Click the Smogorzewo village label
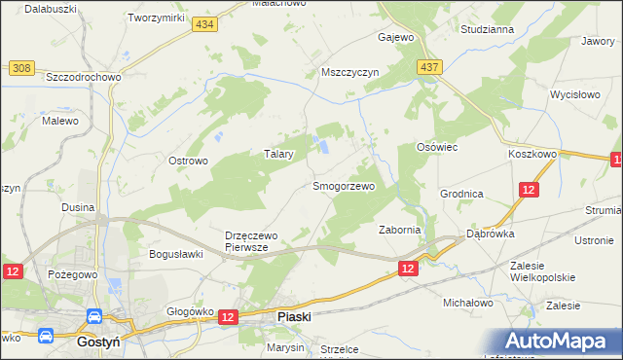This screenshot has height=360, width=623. click(x=343, y=185)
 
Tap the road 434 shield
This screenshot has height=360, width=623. click(x=203, y=25)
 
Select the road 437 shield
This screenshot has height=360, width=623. click(x=430, y=66)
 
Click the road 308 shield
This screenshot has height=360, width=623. click(x=22, y=67)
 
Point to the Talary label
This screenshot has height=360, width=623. click(x=279, y=154)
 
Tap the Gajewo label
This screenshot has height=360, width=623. click(x=396, y=38)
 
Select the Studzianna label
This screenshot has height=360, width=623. click(x=488, y=29)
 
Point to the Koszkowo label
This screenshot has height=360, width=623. click(x=531, y=154)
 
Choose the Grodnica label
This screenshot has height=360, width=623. click(x=461, y=194)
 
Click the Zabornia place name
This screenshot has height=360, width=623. click(x=399, y=230)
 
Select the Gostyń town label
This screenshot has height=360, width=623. click(x=98, y=342)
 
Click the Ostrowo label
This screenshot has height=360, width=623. click(x=189, y=161)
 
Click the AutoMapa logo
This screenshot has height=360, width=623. click(x=563, y=342)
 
